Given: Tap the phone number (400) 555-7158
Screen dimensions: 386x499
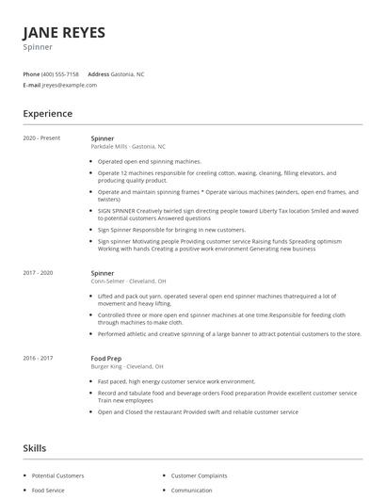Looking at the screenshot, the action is (60, 73).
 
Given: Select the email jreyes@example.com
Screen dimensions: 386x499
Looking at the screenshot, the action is (70, 85).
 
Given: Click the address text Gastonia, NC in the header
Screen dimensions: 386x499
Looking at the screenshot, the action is (128, 73).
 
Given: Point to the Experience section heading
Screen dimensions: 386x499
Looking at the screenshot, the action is (47, 114).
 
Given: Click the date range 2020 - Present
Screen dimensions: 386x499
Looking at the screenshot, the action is (41, 138).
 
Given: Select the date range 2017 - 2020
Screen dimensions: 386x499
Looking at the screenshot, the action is (39, 272).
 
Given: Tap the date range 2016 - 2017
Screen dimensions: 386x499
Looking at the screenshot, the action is (39, 357).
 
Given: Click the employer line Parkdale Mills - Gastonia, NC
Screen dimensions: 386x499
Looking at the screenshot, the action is (127, 147).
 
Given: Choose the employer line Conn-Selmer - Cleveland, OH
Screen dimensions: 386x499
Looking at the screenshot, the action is (128, 281).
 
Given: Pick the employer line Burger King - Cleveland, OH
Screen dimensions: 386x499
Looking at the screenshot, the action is (126, 365).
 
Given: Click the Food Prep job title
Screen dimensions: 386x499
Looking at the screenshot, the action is (105, 357).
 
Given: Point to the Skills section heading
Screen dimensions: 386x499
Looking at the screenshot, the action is (36, 448).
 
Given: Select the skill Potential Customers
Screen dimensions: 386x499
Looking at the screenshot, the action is (57, 476).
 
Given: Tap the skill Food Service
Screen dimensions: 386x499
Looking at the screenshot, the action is (48, 491).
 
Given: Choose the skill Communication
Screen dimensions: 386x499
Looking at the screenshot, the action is (191, 491).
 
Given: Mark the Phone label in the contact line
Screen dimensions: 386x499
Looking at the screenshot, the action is (31, 73).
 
